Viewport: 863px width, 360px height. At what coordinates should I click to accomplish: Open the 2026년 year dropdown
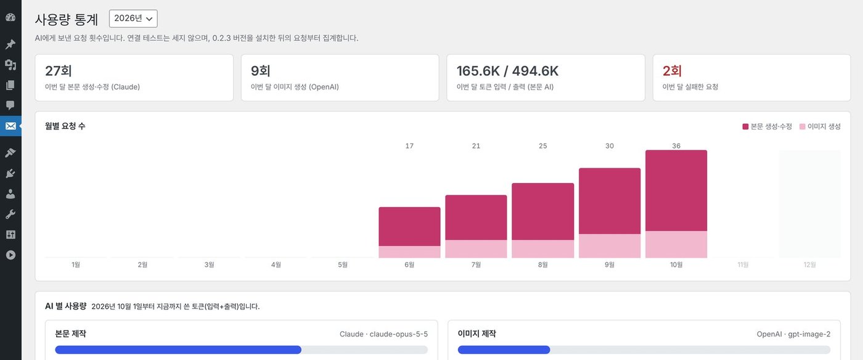tap(133, 18)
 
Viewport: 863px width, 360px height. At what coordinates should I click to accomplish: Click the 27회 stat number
tap(58, 71)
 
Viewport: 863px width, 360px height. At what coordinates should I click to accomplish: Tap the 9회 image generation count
tap(260, 71)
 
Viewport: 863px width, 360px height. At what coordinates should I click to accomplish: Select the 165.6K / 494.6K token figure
tap(507, 71)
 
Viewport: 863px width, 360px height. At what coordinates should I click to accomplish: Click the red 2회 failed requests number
tap(672, 71)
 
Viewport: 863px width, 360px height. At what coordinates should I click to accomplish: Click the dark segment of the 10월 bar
tap(676, 190)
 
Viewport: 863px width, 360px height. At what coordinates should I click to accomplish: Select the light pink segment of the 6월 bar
tap(409, 252)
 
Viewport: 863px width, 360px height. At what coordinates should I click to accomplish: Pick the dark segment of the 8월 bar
tap(543, 211)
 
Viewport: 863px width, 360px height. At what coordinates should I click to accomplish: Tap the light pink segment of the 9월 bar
tap(610, 245)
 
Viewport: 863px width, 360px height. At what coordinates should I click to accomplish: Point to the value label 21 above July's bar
tap(476, 145)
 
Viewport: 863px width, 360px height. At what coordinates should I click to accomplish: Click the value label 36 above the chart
tap(676, 145)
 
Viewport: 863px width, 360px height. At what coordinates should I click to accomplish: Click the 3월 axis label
tap(209, 264)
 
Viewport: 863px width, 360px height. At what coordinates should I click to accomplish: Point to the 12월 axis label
tap(809, 264)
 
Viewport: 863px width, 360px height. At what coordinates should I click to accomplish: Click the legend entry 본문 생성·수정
tap(767, 126)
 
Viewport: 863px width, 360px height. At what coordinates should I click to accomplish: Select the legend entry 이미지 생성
tap(820, 126)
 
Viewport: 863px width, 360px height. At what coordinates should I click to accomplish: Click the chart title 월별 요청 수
tap(65, 126)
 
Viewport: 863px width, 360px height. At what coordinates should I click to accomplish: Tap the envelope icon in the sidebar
tap(10, 126)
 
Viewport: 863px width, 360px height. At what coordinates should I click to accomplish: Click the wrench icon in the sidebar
tap(10, 215)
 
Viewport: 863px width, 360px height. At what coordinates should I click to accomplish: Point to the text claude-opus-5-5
tap(398, 334)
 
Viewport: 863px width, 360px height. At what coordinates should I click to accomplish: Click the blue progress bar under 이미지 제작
tap(504, 350)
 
